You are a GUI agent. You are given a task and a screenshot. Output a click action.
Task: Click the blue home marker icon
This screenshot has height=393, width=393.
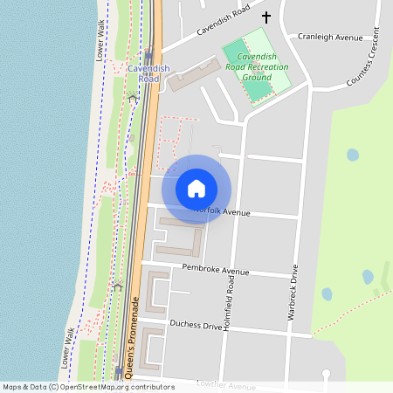pos(196,188)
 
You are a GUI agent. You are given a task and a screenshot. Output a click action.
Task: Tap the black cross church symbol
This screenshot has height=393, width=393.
pos(265,17)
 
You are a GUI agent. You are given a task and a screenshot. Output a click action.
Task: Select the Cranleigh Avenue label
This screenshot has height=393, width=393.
pos(329,38)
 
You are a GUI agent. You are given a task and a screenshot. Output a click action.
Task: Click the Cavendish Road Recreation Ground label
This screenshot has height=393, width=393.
pos(257,65)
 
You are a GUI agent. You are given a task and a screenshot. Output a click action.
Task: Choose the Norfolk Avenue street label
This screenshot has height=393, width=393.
pos(224,211)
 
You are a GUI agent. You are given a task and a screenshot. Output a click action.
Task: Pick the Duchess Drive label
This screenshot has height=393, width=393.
pos(196,325)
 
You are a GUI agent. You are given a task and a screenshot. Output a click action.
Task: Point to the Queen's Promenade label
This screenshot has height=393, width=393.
pos(134,337)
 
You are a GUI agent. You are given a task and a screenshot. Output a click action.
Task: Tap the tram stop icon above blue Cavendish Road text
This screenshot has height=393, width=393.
pos(149,54)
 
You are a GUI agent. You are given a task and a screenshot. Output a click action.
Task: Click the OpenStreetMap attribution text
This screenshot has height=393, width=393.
pos(88,386)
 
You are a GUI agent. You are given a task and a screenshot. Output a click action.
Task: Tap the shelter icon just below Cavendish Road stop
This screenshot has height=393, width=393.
pos(133,97)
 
